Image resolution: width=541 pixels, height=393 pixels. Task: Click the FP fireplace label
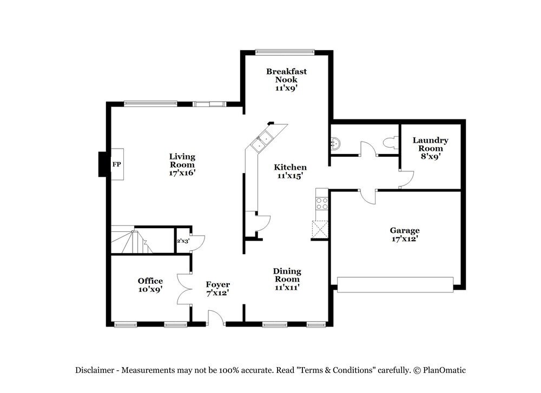click(x=116, y=164)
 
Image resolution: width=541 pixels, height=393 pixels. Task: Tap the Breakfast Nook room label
click(x=286, y=75)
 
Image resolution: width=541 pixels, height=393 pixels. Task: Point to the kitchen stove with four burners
click(x=321, y=204)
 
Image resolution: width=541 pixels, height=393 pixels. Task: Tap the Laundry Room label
click(x=430, y=144)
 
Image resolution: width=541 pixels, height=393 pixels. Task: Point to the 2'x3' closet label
click(x=182, y=242)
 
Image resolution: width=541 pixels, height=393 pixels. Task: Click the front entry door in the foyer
click(x=217, y=318)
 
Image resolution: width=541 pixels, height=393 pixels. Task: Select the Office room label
click(x=150, y=281)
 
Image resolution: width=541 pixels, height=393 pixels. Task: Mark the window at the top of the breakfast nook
click(x=285, y=52)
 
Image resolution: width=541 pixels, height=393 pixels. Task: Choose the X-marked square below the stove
click(x=320, y=230)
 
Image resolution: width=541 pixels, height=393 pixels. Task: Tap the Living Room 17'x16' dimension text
click(x=182, y=173)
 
